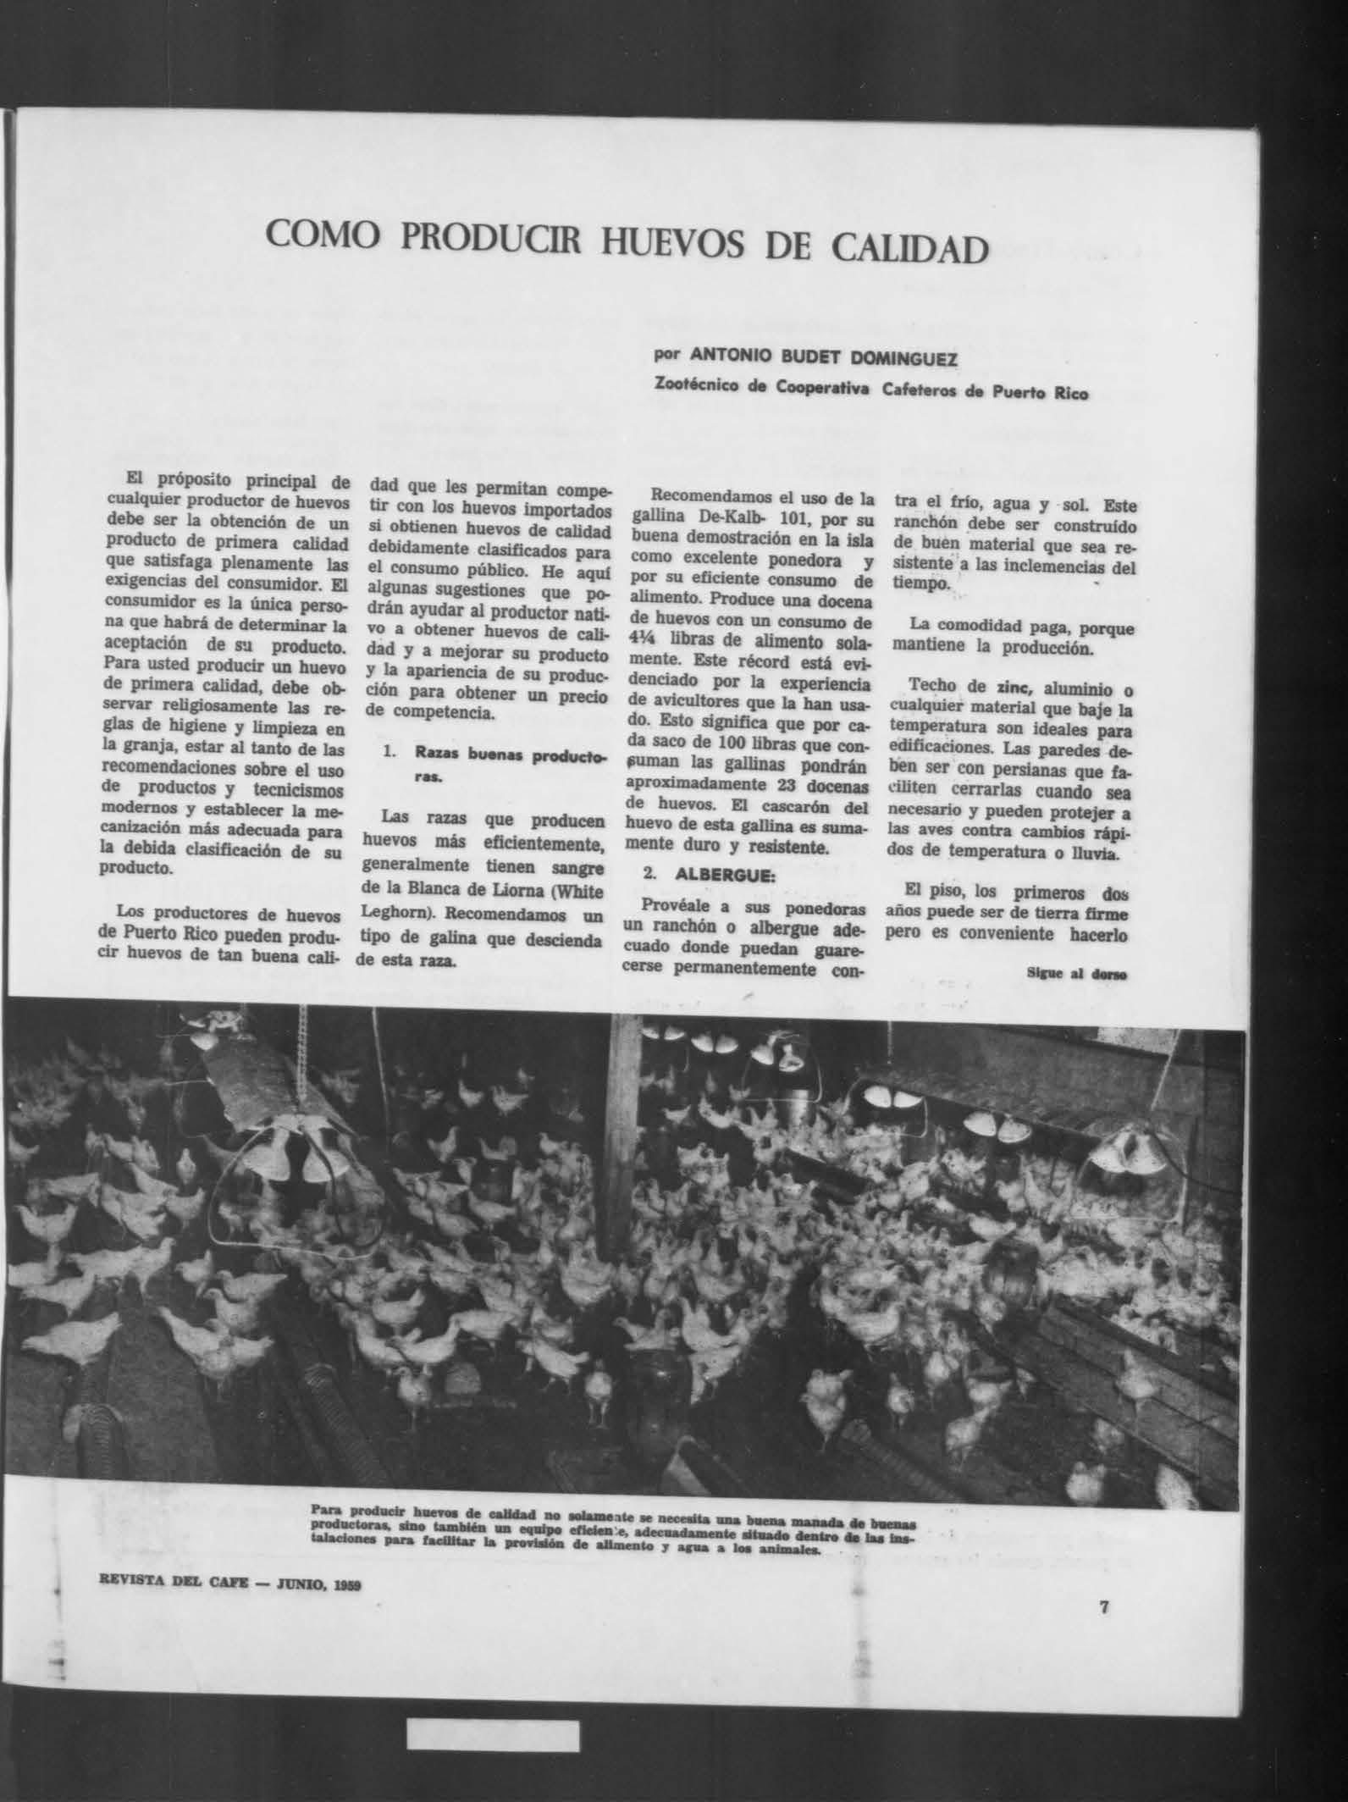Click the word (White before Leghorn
577,889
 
